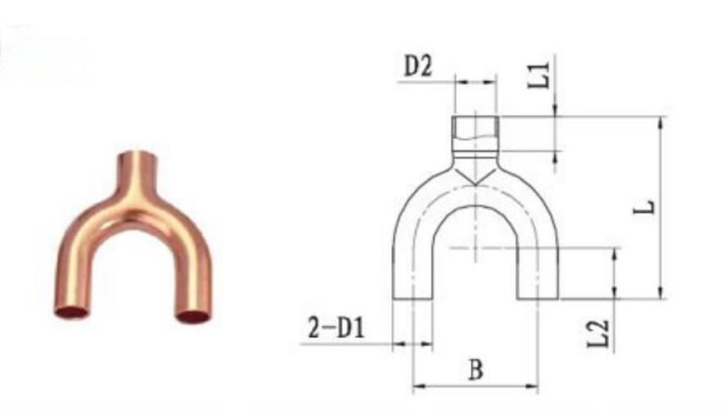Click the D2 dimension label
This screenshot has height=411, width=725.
(x=418, y=66)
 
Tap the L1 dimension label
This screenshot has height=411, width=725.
(x=539, y=75)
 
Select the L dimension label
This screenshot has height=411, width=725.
(x=644, y=207)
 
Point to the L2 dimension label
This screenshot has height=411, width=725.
(x=598, y=333)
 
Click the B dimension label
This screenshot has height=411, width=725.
(x=475, y=370)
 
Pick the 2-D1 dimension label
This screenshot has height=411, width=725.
(x=336, y=328)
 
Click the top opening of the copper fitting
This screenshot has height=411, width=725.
(x=137, y=155)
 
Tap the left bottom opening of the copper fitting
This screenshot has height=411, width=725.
(x=71, y=312)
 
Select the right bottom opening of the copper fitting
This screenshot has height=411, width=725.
(x=193, y=317)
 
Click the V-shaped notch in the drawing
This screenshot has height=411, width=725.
(x=475, y=178)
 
